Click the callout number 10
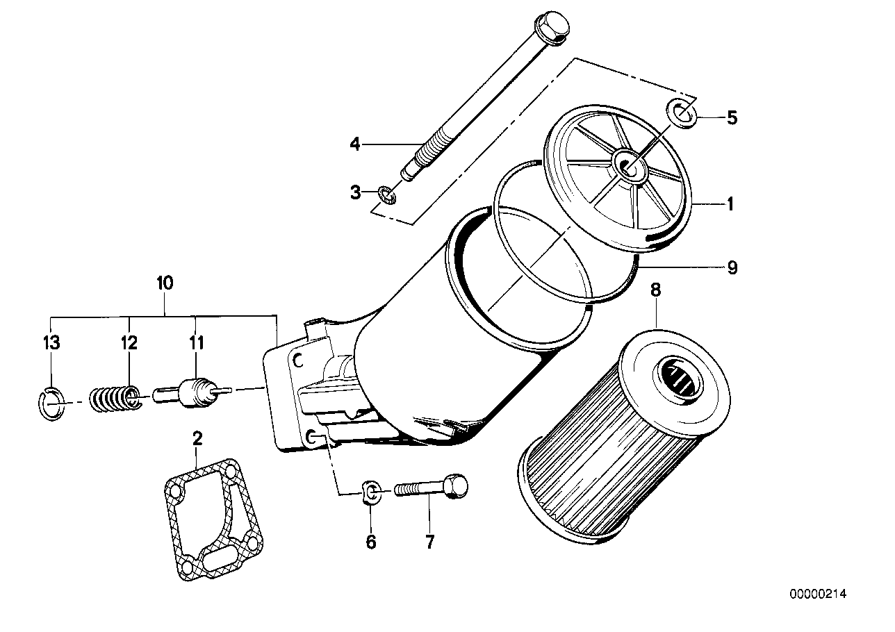point(165,283)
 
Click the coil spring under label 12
point(115,399)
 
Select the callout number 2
point(197,438)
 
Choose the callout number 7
point(429,542)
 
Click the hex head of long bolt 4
point(553,31)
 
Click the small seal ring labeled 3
point(387,194)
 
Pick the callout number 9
point(732,267)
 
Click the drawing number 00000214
point(818,594)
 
